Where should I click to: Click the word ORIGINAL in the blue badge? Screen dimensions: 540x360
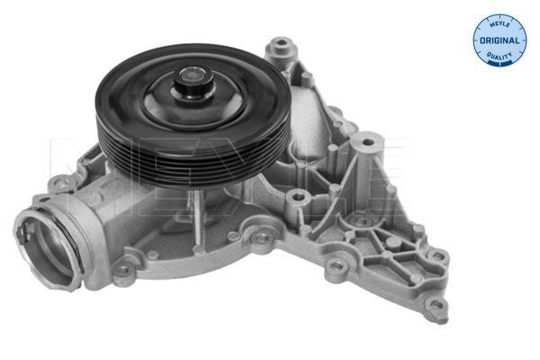click(499, 40)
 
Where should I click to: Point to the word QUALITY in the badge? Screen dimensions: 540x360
click(499, 56)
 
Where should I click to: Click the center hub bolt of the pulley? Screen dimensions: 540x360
click(193, 83)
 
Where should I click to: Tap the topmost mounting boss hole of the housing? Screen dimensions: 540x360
click(282, 42)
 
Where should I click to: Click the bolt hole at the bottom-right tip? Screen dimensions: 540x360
click(436, 304)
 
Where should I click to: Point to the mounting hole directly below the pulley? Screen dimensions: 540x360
click(262, 237)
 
